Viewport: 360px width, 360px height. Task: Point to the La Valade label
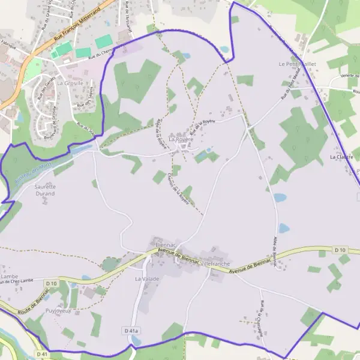[146, 279]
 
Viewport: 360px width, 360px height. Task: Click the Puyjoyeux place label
[58, 311]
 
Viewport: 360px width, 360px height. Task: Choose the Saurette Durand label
[41, 190]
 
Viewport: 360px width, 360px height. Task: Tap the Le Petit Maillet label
[295, 63]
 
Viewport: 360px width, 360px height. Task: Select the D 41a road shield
[131, 331]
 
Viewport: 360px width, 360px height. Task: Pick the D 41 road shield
[42, 355]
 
